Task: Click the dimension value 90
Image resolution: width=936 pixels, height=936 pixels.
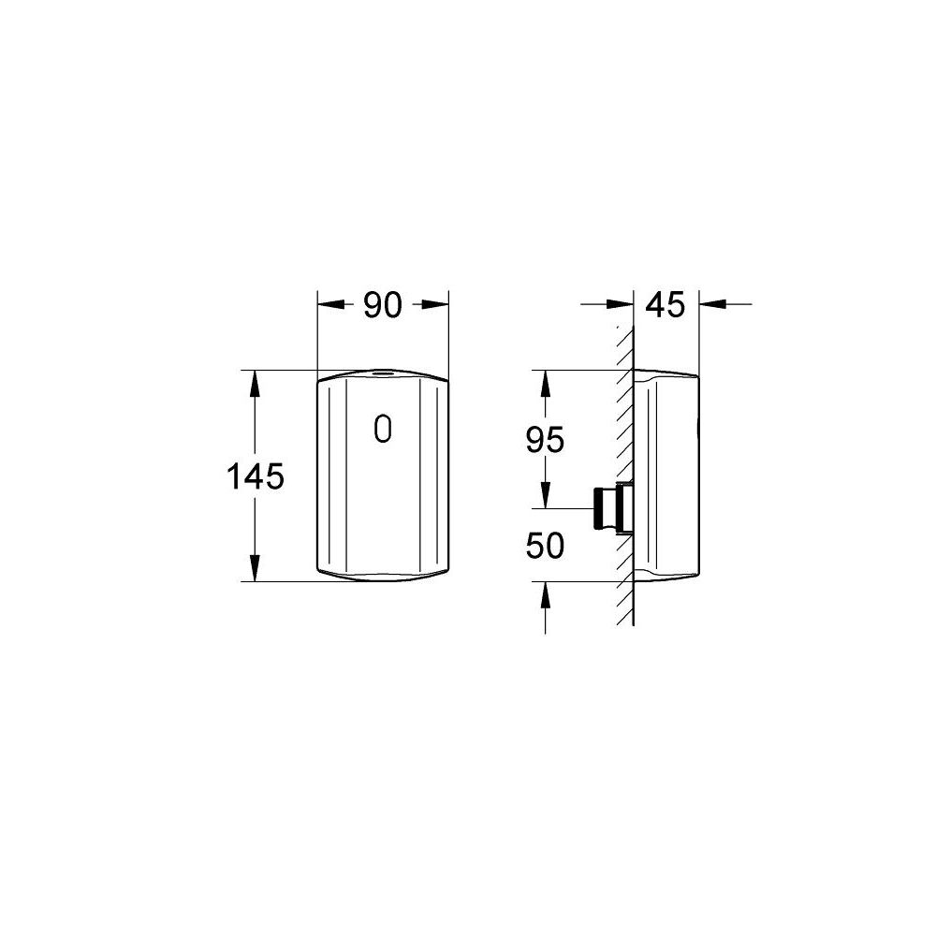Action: (382, 305)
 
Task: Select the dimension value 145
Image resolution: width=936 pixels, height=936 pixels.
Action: (255, 476)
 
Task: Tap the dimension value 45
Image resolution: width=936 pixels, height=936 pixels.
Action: (665, 305)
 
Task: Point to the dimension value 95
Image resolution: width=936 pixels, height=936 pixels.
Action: (544, 440)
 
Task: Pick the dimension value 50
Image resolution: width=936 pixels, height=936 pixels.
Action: (544, 546)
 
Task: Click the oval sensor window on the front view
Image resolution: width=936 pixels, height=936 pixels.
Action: (382, 430)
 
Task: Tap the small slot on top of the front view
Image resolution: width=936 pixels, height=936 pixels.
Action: (382, 373)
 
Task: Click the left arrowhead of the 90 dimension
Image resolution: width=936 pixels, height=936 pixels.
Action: (329, 303)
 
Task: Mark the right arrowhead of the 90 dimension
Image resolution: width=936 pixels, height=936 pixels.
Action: (437, 303)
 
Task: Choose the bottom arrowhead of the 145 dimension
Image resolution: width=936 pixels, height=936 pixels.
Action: (253, 569)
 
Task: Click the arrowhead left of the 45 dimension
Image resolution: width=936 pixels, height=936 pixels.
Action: (622, 303)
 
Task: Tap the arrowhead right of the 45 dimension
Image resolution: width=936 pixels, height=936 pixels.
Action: (711, 303)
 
